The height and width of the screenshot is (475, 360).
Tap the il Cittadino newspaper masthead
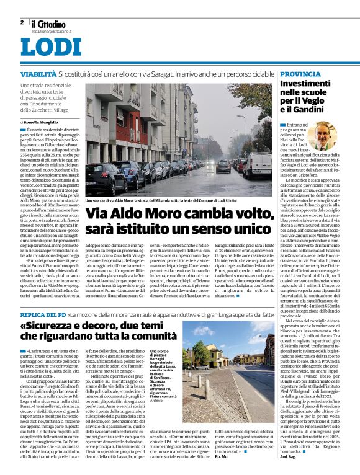pyautogui.click(x=49, y=24)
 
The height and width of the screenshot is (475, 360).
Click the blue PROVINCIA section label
pyautogui.click(x=300, y=74)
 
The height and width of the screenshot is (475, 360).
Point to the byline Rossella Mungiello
pyautogui.click(x=43, y=123)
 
